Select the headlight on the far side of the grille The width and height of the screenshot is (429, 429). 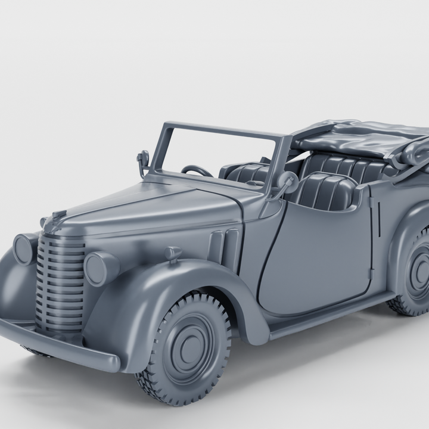[x=25, y=248]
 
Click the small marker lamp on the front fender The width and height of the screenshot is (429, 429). [x=173, y=254]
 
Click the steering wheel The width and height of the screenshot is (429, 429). [x=197, y=172]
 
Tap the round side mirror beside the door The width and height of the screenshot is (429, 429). [x=287, y=179]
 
